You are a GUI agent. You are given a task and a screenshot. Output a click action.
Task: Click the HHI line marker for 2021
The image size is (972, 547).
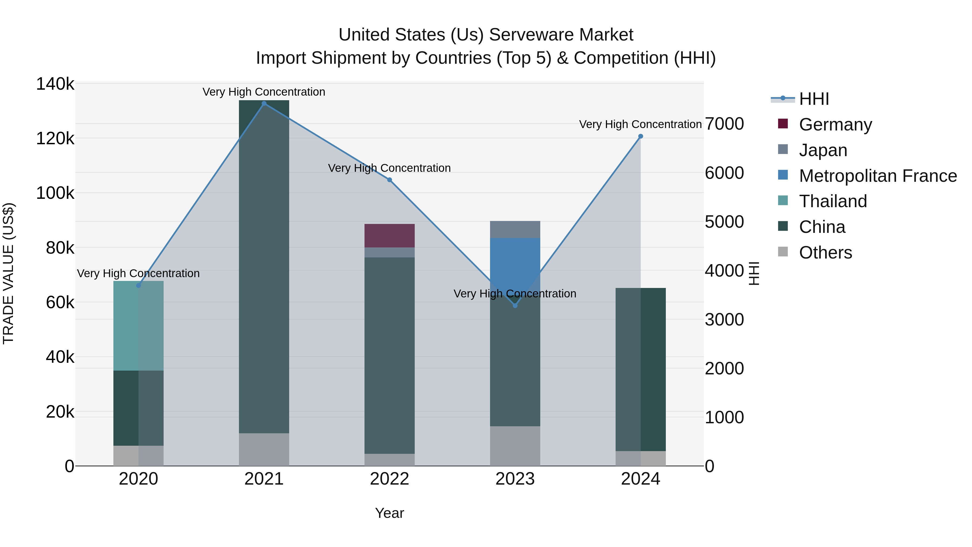[264, 103]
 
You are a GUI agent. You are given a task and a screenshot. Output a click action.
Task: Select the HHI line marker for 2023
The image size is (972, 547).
[515, 306]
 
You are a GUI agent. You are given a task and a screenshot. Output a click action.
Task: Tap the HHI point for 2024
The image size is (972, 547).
[640, 136]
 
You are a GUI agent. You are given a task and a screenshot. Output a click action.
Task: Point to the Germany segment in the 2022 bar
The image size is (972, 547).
[389, 236]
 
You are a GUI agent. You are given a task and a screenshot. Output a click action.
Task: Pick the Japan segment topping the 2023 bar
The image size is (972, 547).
[515, 229]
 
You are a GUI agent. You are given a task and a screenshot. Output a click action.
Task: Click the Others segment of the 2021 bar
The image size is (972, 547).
[264, 449]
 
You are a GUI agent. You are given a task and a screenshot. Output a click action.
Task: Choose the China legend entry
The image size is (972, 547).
[822, 227]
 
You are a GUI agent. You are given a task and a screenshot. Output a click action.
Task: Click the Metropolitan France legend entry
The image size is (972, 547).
[878, 176]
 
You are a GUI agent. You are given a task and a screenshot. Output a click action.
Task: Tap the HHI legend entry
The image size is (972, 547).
[814, 99]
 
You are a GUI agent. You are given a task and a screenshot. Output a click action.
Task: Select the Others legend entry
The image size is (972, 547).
[825, 253]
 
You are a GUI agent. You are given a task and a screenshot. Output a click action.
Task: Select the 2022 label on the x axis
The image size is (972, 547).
[389, 479]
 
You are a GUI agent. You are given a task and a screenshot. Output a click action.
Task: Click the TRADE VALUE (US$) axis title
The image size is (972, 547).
[8, 273]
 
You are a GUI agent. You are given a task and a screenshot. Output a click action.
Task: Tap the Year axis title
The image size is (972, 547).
[389, 513]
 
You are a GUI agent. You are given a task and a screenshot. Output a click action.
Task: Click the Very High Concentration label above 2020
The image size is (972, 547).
[138, 273]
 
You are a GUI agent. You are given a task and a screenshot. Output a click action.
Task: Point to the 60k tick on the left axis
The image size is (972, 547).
[60, 302]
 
